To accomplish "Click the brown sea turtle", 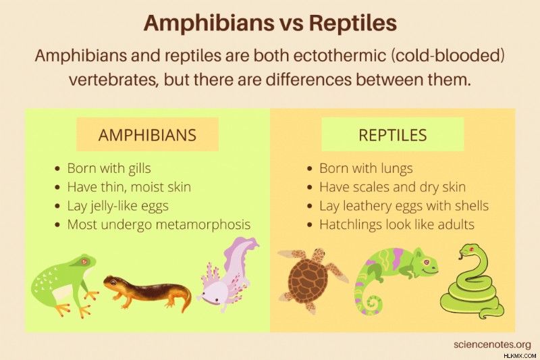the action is [310, 279].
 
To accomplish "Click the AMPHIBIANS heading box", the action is [147, 134].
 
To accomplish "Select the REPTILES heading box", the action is [393, 134].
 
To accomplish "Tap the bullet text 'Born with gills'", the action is [109, 168].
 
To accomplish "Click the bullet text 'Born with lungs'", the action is [366, 168].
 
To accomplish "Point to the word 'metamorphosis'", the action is [203, 225].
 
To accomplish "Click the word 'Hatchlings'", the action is [350, 225].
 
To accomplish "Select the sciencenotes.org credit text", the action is [492, 344].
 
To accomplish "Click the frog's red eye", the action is [84, 262].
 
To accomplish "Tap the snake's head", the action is [469, 250].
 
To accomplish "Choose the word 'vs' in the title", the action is [289, 24].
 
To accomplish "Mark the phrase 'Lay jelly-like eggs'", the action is [117, 206].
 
